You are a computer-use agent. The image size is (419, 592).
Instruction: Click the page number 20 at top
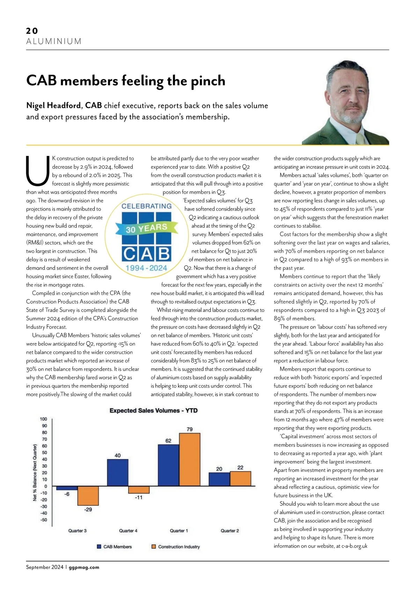pyautogui.click(x=32, y=31)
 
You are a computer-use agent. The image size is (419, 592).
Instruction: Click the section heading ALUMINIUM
pyautogui.click(x=54, y=42)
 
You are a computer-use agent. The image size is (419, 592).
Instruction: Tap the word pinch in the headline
pyautogui.click(x=208, y=81)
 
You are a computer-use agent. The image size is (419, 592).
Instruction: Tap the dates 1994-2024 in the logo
pyautogui.click(x=146, y=268)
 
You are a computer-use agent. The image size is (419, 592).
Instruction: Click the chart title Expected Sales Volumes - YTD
pyautogui.click(x=154, y=410)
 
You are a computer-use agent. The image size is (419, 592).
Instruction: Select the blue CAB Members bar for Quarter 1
pyautogui.click(x=168, y=465)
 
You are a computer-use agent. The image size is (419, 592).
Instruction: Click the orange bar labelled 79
pyautogui.click(x=190, y=460)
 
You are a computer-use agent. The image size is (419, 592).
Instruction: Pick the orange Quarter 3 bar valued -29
pyautogui.click(x=88, y=496)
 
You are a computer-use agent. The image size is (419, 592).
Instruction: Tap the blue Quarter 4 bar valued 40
pyautogui.click(x=118, y=472)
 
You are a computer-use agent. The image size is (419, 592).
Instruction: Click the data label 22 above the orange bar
pyautogui.click(x=240, y=468)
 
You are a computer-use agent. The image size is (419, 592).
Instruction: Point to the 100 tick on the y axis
pyautogui.click(x=43, y=419)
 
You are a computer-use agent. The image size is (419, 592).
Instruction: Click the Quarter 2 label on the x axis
pyautogui.click(x=230, y=531)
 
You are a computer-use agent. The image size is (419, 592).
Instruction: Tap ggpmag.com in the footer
pyautogui.click(x=84, y=568)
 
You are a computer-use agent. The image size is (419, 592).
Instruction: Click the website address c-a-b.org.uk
pyautogui.click(x=354, y=546)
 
